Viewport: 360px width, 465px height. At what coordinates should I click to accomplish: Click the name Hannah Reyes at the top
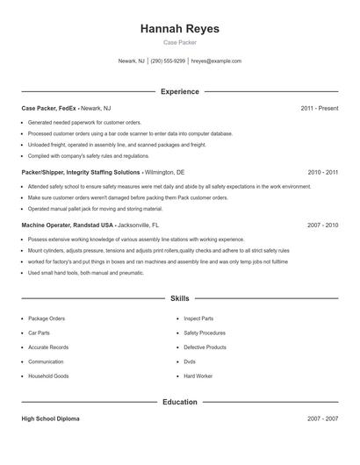coord(179,29)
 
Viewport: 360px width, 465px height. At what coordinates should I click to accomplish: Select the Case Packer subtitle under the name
coord(179,42)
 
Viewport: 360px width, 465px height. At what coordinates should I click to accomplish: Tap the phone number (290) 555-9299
coord(168,61)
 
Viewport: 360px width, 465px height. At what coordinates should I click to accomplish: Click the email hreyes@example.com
coord(216,61)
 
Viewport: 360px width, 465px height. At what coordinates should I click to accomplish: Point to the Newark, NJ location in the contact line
coord(131,61)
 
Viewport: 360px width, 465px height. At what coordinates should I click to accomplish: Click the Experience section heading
coord(180,91)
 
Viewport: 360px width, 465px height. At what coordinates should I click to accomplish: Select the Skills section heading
coord(180,299)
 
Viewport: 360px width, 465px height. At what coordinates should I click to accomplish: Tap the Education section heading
coord(180,402)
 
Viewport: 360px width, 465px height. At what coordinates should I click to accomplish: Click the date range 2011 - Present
coord(319,108)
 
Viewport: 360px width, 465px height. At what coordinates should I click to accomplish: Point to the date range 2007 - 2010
coord(322,225)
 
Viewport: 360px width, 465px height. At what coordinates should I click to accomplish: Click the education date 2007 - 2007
coord(322,419)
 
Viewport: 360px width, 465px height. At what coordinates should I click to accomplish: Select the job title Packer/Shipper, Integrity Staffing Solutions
coord(80,173)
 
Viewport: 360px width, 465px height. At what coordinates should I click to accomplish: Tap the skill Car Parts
coord(40,333)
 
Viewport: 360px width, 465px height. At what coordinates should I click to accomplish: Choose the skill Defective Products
coord(205,347)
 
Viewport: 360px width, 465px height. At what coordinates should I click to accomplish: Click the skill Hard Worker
coord(198,376)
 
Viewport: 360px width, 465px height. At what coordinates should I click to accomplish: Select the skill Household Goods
coord(47,376)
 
